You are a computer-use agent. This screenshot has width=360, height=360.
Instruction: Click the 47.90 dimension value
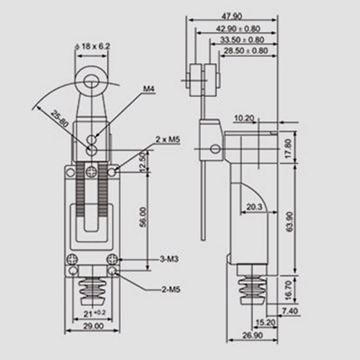[x=232, y=16]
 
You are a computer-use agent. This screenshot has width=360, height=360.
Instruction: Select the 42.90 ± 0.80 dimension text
[x=238, y=29]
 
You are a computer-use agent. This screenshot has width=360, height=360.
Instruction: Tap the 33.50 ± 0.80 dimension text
[x=242, y=40]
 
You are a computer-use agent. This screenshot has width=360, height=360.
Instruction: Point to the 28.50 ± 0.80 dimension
[x=246, y=50]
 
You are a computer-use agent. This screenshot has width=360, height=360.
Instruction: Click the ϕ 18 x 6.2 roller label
[x=93, y=47]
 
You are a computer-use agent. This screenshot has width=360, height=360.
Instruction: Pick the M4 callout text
[x=149, y=89]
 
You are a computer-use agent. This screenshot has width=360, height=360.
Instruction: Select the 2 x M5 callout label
[x=168, y=139]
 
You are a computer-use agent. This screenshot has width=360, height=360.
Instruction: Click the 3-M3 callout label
[x=169, y=259]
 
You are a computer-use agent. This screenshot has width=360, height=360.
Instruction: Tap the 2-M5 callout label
[x=171, y=290]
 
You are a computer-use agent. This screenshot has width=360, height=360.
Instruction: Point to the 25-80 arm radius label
[x=59, y=119]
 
